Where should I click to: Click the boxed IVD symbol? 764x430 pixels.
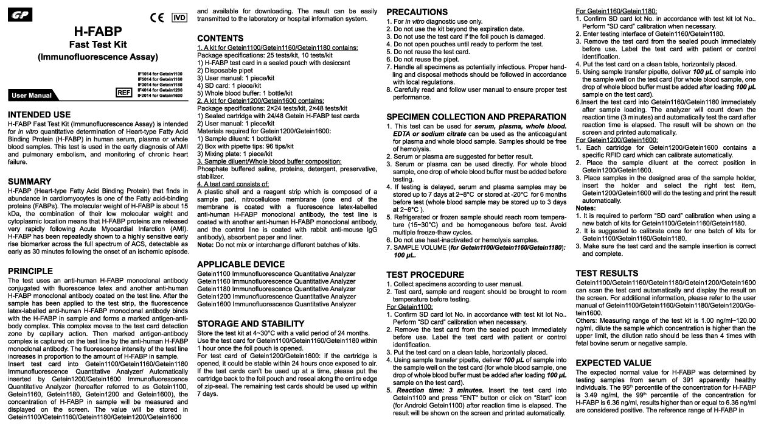(x=179, y=17)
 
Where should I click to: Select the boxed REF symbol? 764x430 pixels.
(x=124, y=91)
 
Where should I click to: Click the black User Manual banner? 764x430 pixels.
(x=32, y=96)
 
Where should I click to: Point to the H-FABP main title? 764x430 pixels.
(x=97, y=30)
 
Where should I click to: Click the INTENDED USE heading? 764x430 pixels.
(x=39, y=115)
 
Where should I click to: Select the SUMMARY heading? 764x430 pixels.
(x=29, y=182)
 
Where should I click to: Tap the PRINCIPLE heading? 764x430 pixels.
(x=31, y=270)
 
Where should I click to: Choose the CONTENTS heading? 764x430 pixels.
(x=220, y=38)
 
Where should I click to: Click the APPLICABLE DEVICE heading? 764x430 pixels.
(x=241, y=264)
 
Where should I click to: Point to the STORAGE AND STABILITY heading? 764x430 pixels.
(x=251, y=323)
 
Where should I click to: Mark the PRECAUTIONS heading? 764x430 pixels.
(x=417, y=12)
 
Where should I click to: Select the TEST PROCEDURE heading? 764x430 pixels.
(x=425, y=275)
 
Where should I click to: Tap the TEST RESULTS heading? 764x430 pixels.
(x=607, y=273)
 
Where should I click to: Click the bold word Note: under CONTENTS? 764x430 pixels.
(x=205, y=244)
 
